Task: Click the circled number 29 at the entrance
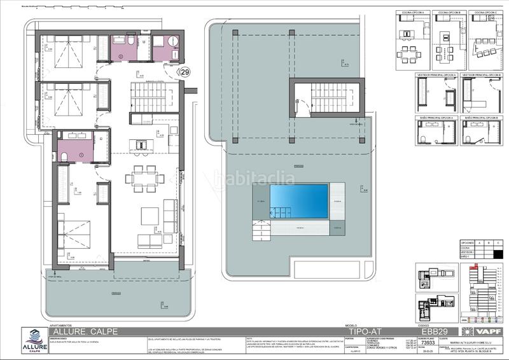185,74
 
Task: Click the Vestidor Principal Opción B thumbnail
482,96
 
